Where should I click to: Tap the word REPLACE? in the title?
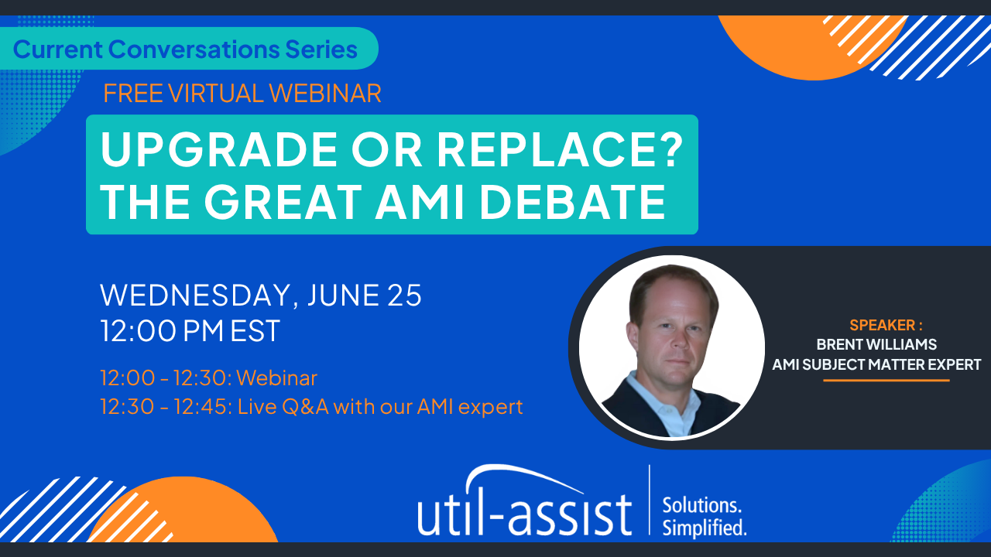point(560,149)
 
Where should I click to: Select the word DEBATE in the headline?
point(572,202)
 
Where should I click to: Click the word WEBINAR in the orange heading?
point(325,94)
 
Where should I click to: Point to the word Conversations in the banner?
point(194,49)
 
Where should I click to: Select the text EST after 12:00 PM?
point(255,330)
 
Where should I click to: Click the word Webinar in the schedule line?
point(277,378)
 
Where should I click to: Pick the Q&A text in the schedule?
point(305,407)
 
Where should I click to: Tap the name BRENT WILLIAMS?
point(876,344)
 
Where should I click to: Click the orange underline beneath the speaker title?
point(886,380)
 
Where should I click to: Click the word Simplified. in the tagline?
point(705,528)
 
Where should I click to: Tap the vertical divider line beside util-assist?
point(650,500)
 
